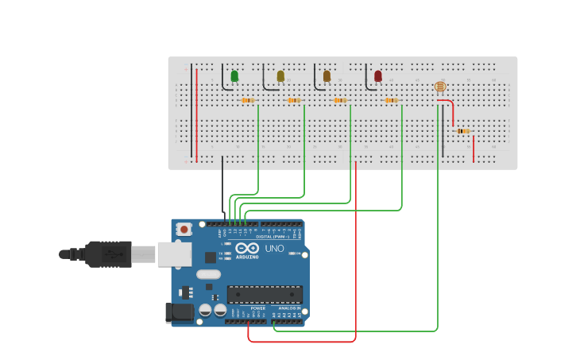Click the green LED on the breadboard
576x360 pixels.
(234, 76)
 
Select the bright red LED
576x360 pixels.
(378, 76)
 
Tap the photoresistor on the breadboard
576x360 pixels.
(440, 87)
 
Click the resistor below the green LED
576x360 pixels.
(248, 101)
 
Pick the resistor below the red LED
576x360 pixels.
(391, 101)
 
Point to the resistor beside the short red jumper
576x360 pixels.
(463, 131)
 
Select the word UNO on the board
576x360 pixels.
(274, 249)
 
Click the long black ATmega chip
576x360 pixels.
(265, 294)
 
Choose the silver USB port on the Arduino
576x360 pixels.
(175, 254)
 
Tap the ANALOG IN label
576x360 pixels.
(289, 308)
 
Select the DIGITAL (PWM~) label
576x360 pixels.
(273, 237)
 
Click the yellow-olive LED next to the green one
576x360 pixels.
(280, 76)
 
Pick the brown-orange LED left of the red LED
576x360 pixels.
(327, 76)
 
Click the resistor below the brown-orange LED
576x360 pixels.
(340, 101)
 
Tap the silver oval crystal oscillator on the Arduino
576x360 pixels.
(208, 275)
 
